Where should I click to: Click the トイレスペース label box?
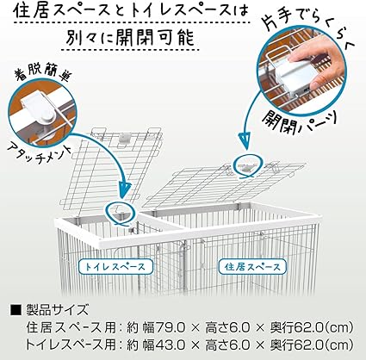coord(115,267)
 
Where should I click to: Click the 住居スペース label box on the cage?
coord(252,267)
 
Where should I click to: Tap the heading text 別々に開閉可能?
coord(130,38)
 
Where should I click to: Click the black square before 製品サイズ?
coord(16,310)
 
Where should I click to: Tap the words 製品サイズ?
coord(57,310)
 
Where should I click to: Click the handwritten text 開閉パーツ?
coord(299,121)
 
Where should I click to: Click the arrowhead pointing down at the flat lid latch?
coord(245,142)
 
